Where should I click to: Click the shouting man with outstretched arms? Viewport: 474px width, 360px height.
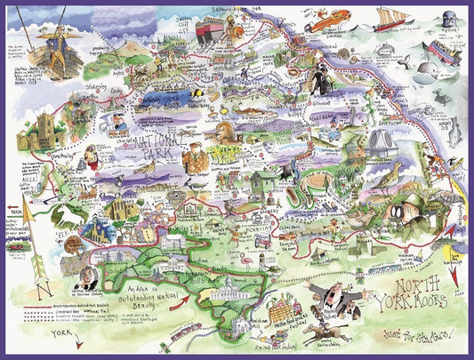pyautogui.click(x=341, y=306)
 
